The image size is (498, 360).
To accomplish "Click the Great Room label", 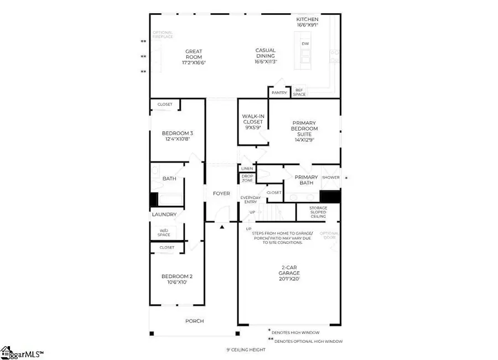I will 193,57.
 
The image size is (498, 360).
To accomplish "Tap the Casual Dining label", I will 265,56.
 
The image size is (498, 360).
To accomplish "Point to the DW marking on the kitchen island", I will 305,43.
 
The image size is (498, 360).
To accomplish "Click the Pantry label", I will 279,93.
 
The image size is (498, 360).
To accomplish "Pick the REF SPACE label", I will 299,92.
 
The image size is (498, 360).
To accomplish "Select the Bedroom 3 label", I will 177,137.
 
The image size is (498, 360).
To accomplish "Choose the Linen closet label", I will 247,168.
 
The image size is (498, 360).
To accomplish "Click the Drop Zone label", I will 247,179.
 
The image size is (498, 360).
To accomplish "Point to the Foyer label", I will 221,194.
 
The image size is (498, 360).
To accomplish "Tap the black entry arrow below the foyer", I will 222,227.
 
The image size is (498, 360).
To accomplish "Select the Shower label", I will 330,178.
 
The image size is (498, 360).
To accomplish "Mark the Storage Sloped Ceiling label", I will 318,212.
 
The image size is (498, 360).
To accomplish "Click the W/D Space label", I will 164,232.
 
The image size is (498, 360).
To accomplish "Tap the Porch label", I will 194,321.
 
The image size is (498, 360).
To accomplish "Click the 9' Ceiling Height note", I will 246,349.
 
